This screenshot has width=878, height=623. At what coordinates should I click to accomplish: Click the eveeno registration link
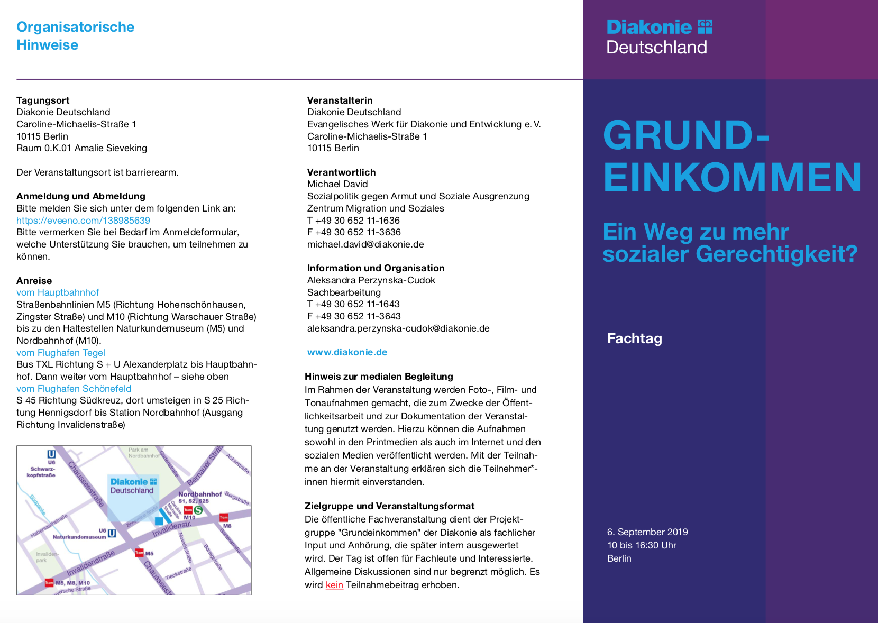(83, 221)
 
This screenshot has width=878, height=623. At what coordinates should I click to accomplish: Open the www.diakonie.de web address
(347, 352)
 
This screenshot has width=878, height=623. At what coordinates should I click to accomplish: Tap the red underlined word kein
(334, 585)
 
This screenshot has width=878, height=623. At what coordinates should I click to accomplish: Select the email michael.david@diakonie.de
(365, 244)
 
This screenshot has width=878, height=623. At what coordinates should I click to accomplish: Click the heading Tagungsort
(43, 100)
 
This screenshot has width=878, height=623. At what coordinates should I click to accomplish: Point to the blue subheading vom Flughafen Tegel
(61, 353)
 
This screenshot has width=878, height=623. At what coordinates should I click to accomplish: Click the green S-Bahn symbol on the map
(198, 510)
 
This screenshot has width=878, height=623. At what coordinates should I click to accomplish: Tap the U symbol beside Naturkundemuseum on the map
(112, 533)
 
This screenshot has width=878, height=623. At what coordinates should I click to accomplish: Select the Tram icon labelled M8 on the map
(224, 517)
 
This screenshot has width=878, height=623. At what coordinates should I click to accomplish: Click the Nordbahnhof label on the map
(200, 494)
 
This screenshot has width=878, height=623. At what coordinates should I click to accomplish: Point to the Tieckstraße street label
(178, 573)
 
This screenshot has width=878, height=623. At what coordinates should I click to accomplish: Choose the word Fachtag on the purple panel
(634, 338)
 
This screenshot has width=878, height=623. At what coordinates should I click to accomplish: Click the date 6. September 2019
(647, 532)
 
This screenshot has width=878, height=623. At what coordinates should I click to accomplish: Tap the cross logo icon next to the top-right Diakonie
(705, 26)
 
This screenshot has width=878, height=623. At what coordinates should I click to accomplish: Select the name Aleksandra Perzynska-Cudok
(371, 280)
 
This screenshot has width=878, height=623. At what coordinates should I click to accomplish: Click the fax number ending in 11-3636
(354, 232)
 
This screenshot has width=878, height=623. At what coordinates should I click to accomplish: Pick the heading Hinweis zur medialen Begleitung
(379, 377)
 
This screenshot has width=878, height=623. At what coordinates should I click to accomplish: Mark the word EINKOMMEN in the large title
(732, 178)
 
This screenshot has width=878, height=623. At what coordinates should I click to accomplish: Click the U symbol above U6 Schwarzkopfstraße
(51, 454)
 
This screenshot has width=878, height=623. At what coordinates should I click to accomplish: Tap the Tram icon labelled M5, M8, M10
(49, 582)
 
